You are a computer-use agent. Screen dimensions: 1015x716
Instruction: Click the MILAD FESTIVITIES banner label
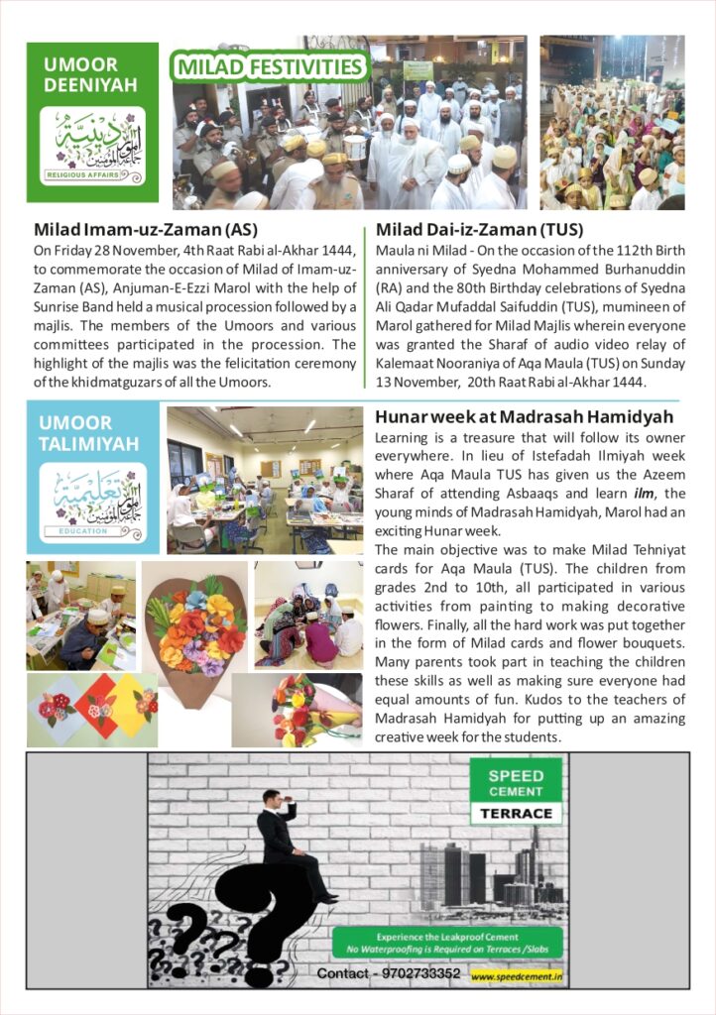[269, 67]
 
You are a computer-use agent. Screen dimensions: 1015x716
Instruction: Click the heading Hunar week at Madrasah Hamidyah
[525, 417]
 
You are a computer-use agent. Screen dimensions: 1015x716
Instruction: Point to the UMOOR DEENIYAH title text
[90, 74]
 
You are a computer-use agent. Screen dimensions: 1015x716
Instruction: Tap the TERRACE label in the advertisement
[516, 813]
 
